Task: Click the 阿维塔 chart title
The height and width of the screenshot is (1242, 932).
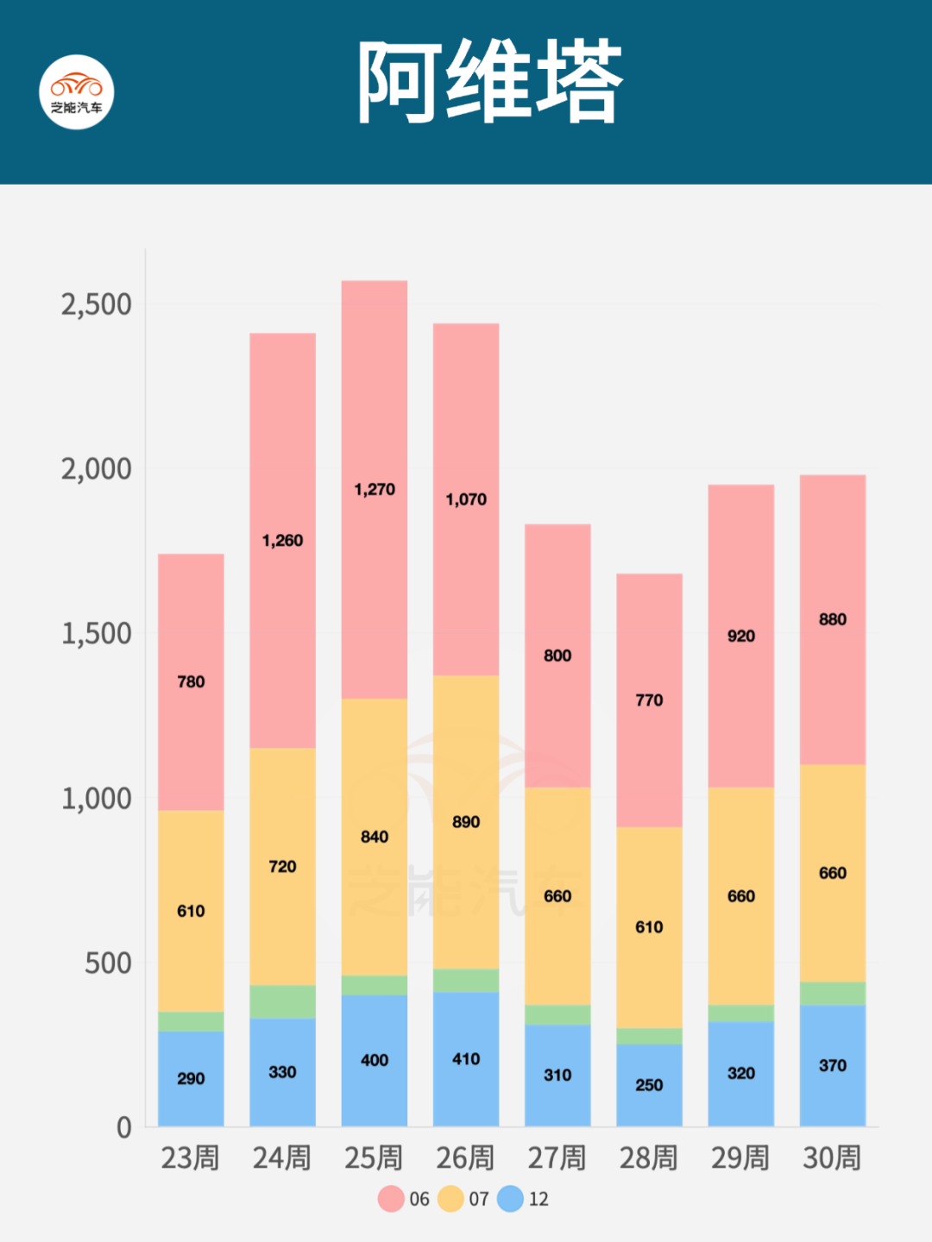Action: pyautogui.click(x=489, y=83)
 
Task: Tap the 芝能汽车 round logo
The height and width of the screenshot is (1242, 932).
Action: pyautogui.click(x=77, y=92)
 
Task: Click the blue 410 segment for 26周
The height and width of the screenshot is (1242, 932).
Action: pyautogui.click(x=466, y=1059)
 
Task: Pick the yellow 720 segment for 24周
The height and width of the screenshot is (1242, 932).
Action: pyautogui.click(x=282, y=866)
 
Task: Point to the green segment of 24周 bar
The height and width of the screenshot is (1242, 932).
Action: pyautogui.click(x=282, y=1001)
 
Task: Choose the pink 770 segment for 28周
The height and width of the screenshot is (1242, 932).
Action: pyautogui.click(x=649, y=699)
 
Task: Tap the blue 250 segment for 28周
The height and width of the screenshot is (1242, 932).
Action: pyautogui.click(x=649, y=1085)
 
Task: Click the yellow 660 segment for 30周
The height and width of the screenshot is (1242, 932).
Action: pyautogui.click(x=833, y=873)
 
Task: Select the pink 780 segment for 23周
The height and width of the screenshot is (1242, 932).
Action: pyautogui.click(x=191, y=681)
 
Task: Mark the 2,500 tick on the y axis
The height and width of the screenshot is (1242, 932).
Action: pyautogui.click(x=96, y=304)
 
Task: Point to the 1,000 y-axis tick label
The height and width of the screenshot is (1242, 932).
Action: pyautogui.click(x=96, y=799)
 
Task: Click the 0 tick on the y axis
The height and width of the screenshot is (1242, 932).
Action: pyautogui.click(x=124, y=1127)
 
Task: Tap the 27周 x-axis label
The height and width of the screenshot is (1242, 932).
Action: pyautogui.click(x=557, y=1157)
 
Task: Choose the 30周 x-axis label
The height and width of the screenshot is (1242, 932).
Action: pyautogui.click(x=832, y=1157)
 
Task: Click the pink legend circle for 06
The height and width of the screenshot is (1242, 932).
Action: pyautogui.click(x=391, y=1199)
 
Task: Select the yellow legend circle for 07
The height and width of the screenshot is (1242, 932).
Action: pyautogui.click(x=450, y=1199)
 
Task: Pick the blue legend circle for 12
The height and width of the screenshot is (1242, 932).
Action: pyautogui.click(x=510, y=1199)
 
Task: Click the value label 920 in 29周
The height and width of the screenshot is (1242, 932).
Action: pyautogui.click(x=740, y=637)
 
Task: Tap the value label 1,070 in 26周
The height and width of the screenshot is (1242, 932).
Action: pyautogui.click(x=466, y=499)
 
